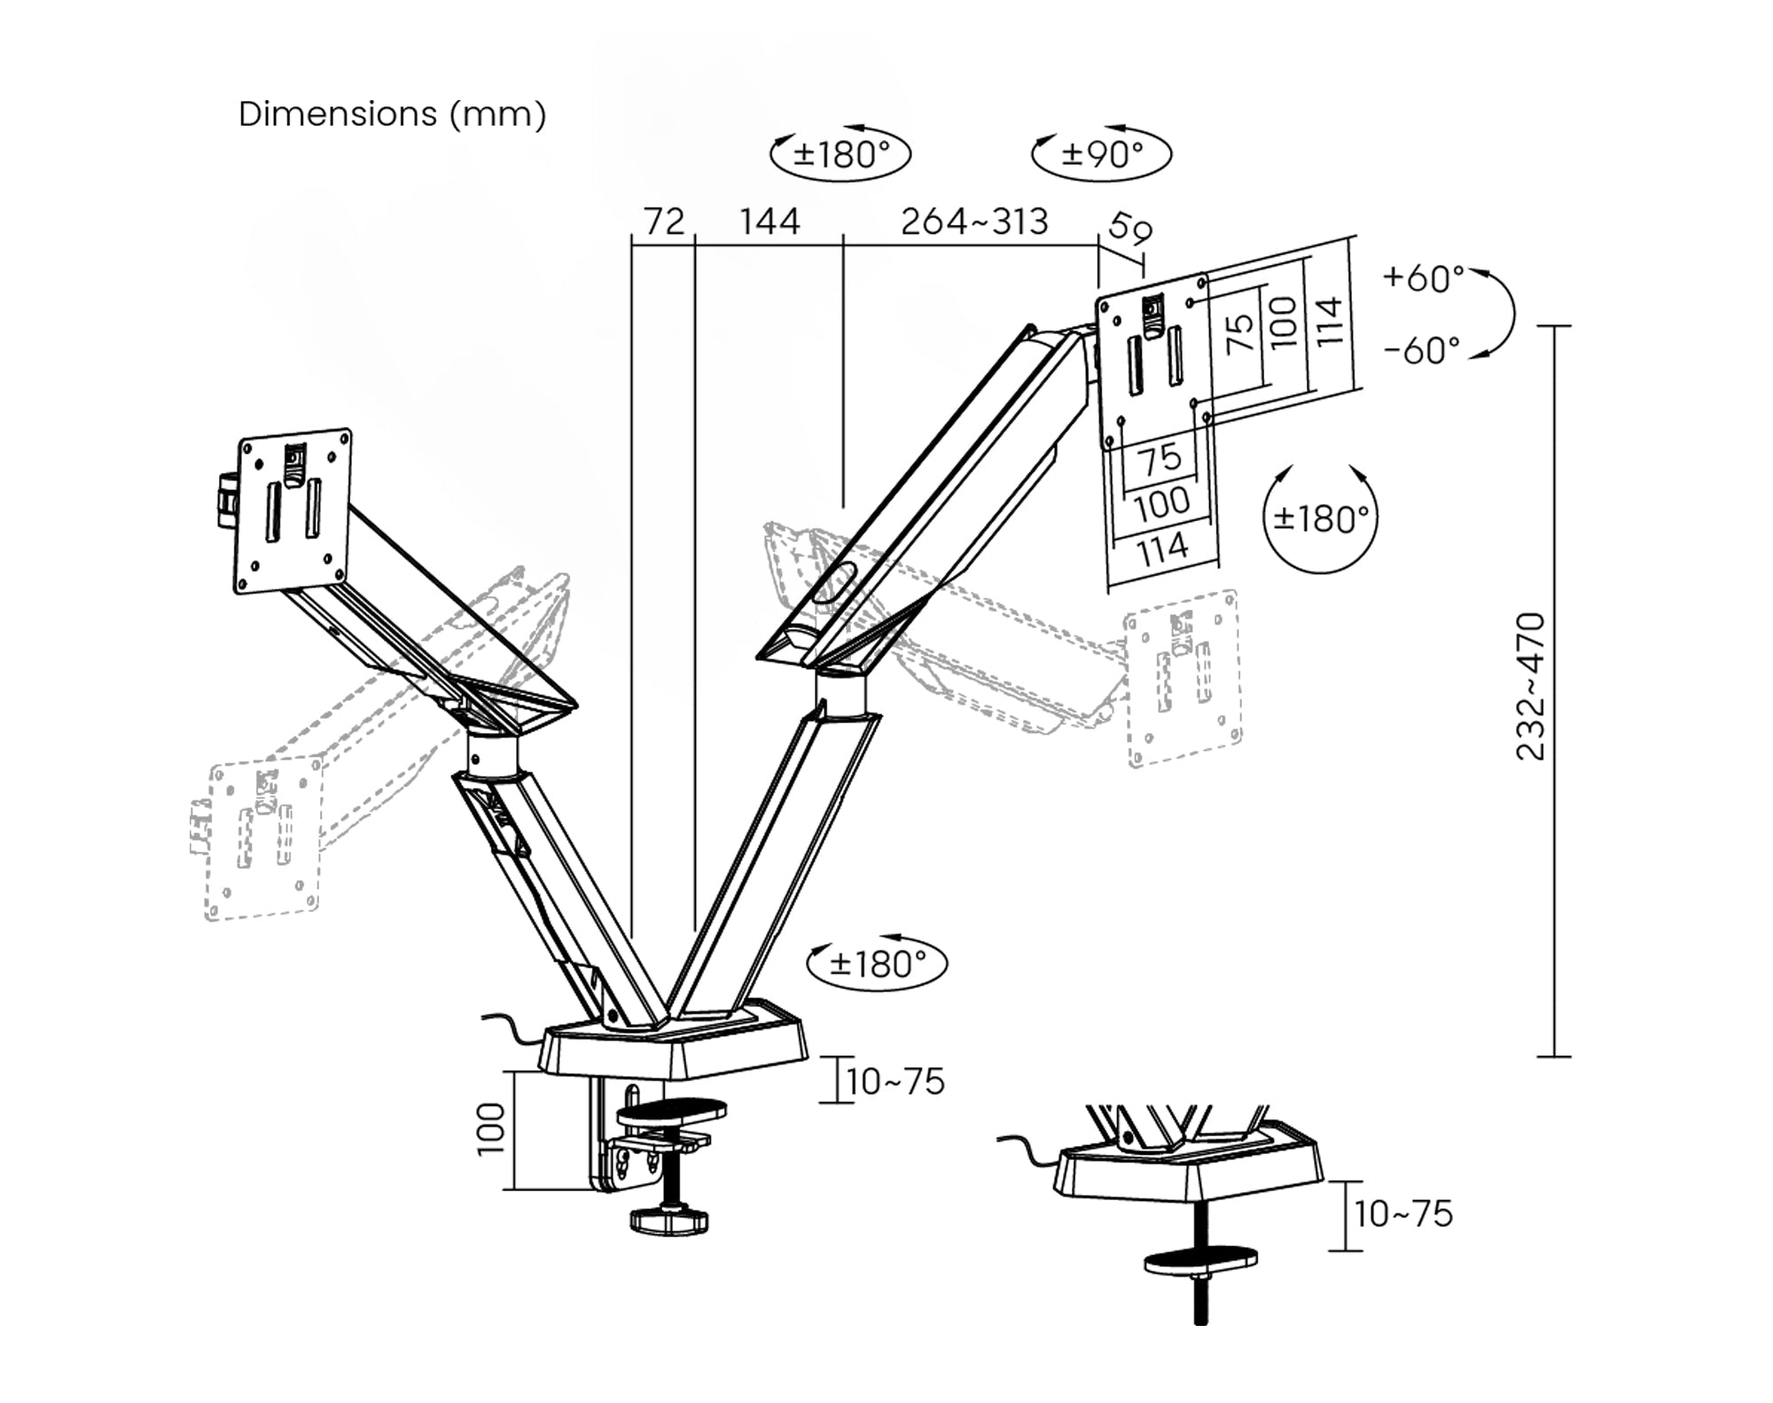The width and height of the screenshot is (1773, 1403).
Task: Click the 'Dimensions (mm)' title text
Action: click(x=392, y=114)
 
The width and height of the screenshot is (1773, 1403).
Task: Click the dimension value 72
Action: click(x=664, y=222)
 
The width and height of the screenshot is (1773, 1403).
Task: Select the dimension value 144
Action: click(x=769, y=222)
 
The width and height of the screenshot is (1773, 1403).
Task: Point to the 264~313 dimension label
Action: click(x=974, y=222)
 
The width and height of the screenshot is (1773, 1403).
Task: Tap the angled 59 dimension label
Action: click(x=1130, y=229)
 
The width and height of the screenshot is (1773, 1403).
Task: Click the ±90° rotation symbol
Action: click(x=1102, y=154)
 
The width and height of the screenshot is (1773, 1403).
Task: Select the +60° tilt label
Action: click(x=1423, y=278)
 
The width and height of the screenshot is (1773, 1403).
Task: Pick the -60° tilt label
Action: click(x=1421, y=351)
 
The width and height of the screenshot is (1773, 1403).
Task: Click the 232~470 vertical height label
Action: click(x=1531, y=686)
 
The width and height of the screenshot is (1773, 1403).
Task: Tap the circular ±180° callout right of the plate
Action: click(x=1320, y=518)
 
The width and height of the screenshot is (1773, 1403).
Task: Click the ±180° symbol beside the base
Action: click(x=878, y=963)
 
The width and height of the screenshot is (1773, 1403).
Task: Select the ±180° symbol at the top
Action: click(x=840, y=154)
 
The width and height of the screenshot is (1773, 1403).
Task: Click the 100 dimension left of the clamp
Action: click(x=491, y=1129)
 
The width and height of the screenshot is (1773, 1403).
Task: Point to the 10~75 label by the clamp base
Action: click(x=894, y=1082)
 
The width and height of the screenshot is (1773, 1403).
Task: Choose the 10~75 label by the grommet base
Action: click(x=1402, y=1214)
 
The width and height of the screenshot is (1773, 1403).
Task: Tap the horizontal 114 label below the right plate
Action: click(x=1162, y=550)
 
